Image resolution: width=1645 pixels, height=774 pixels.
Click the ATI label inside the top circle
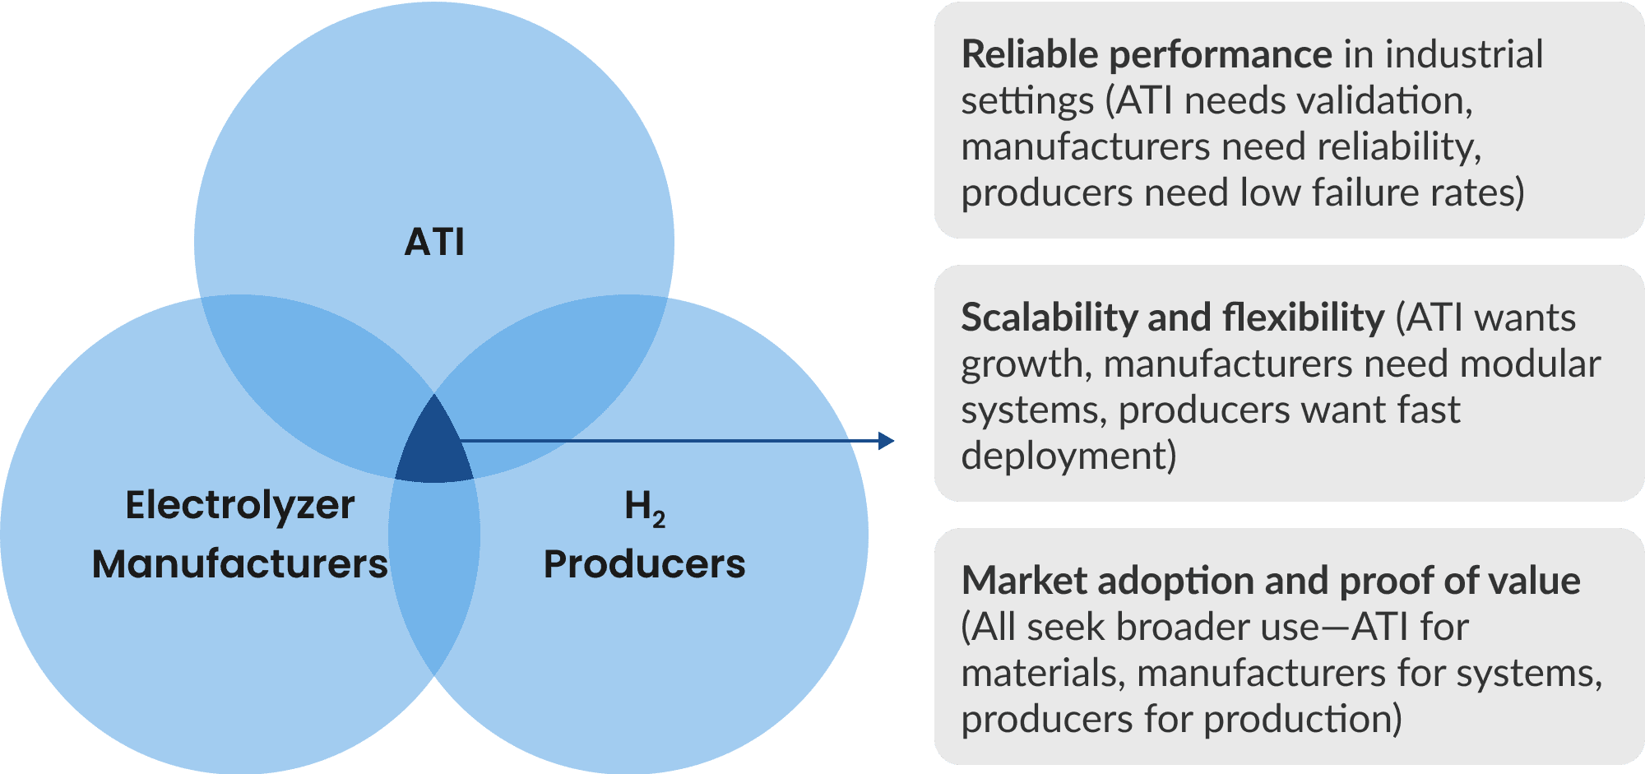[434, 242]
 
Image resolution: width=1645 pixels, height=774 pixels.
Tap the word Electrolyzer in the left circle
[239, 505]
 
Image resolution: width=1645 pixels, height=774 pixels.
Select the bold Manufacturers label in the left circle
[239, 564]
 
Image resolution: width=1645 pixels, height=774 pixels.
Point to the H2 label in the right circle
[644, 507]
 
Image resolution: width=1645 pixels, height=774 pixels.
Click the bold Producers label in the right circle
[644, 564]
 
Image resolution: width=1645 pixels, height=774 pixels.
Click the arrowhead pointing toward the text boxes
[886, 441]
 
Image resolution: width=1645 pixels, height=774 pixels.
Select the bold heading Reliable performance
[1147, 54]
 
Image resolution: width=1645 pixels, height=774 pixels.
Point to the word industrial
[1464, 54]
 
